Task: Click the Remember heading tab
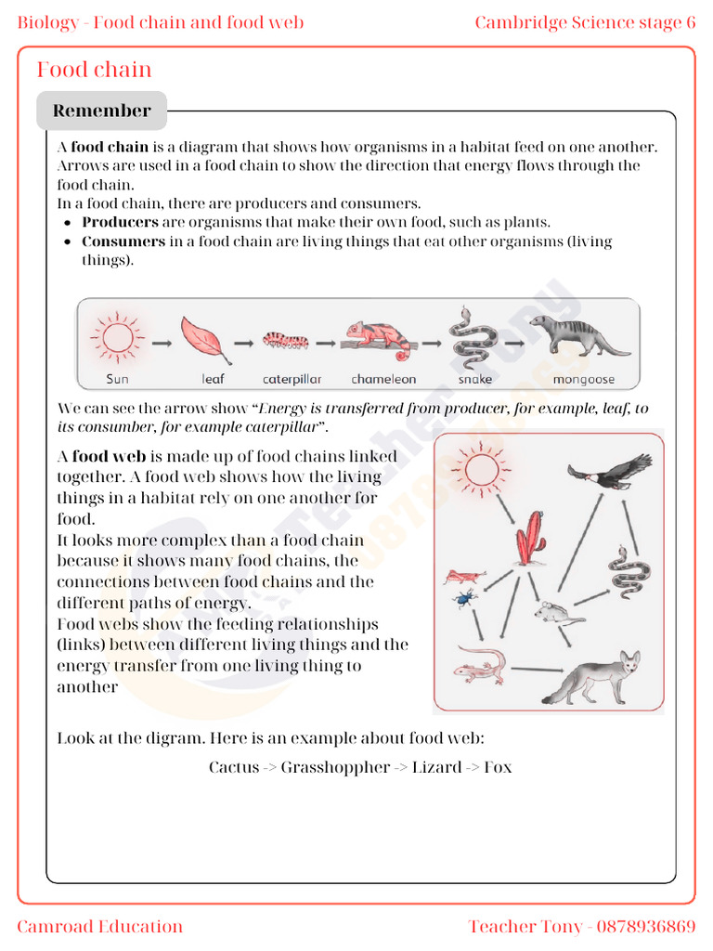coord(101,111)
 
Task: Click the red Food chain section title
coord(94,70)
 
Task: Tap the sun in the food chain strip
coord(117,336)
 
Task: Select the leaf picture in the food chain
coord(204,339)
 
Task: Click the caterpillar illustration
coord(285,340)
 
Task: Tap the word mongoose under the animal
coord(583,379)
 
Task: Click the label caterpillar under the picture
coord(292,379)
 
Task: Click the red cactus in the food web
coord(531,539)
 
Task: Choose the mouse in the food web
coord(557,612)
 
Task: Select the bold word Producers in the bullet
coord(120,222)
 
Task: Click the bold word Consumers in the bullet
coord(123,241)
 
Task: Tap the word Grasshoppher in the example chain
coord(335,767)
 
